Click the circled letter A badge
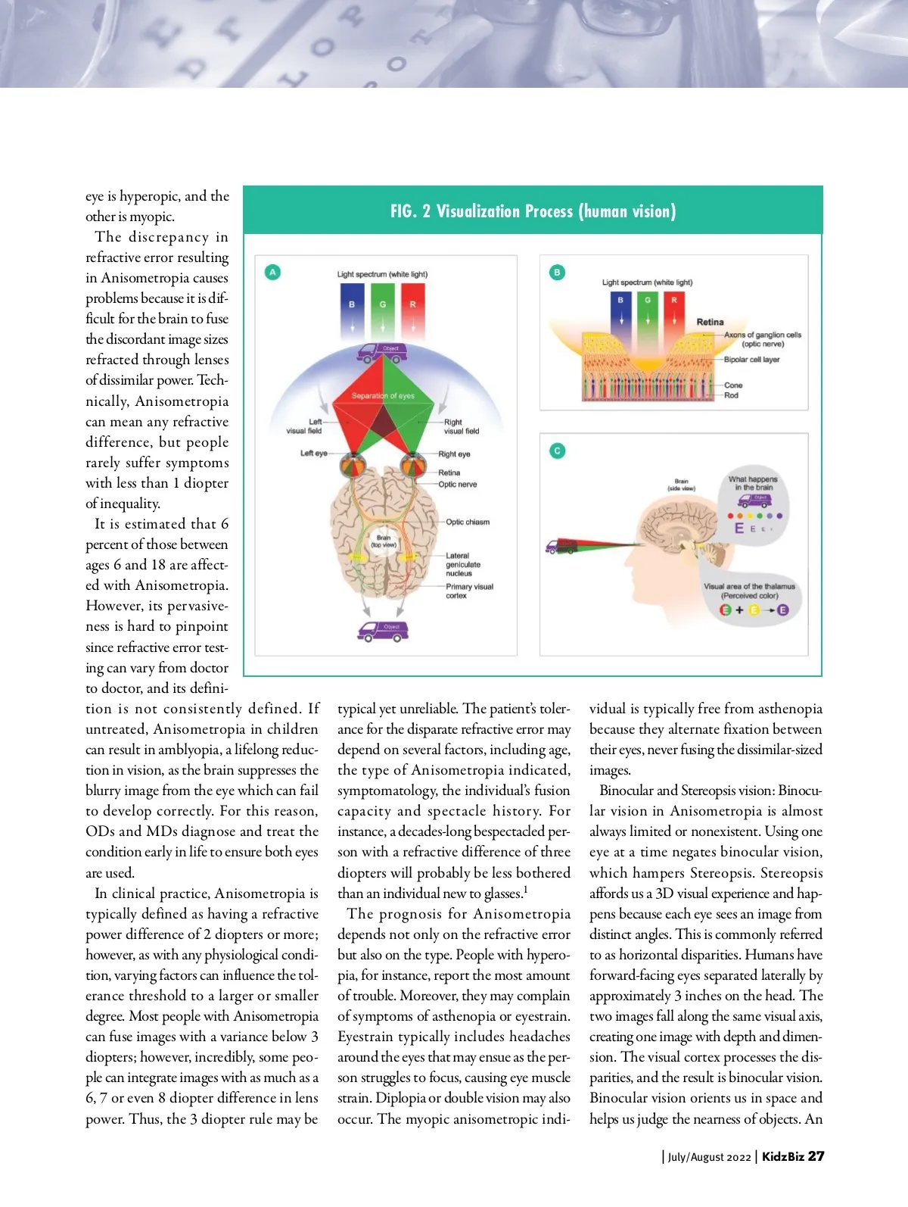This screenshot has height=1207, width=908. [x=272, y=272]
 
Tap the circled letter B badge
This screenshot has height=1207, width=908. [x=558, y=273]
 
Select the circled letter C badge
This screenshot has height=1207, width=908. [x=558, y=451]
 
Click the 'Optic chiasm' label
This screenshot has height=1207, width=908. [x=468, y=522]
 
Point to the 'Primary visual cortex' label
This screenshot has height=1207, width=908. [x=469, y=591]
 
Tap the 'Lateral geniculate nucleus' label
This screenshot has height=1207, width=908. [x=463, y=565]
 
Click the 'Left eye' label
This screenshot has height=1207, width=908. [x=313, y=454]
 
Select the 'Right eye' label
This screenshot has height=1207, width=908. [x=454, y=454]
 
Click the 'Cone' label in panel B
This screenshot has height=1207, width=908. [x=733, y=385]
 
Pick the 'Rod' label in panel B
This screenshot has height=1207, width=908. [x=731, y=395]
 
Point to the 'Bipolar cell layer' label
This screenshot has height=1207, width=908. [x=751, y=360]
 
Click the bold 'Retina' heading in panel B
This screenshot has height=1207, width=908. [x=710, y=323]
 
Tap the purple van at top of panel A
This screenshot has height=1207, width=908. [x=382, y=353]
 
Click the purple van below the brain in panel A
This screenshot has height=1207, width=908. [x=383, y=631]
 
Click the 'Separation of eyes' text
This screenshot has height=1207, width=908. [x=383, y=396]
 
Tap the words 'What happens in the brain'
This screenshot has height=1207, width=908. [x=753, y=483]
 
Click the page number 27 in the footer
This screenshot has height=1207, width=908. [x=816, y=1156]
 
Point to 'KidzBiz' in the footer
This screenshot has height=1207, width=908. [x=782, y=1156]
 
